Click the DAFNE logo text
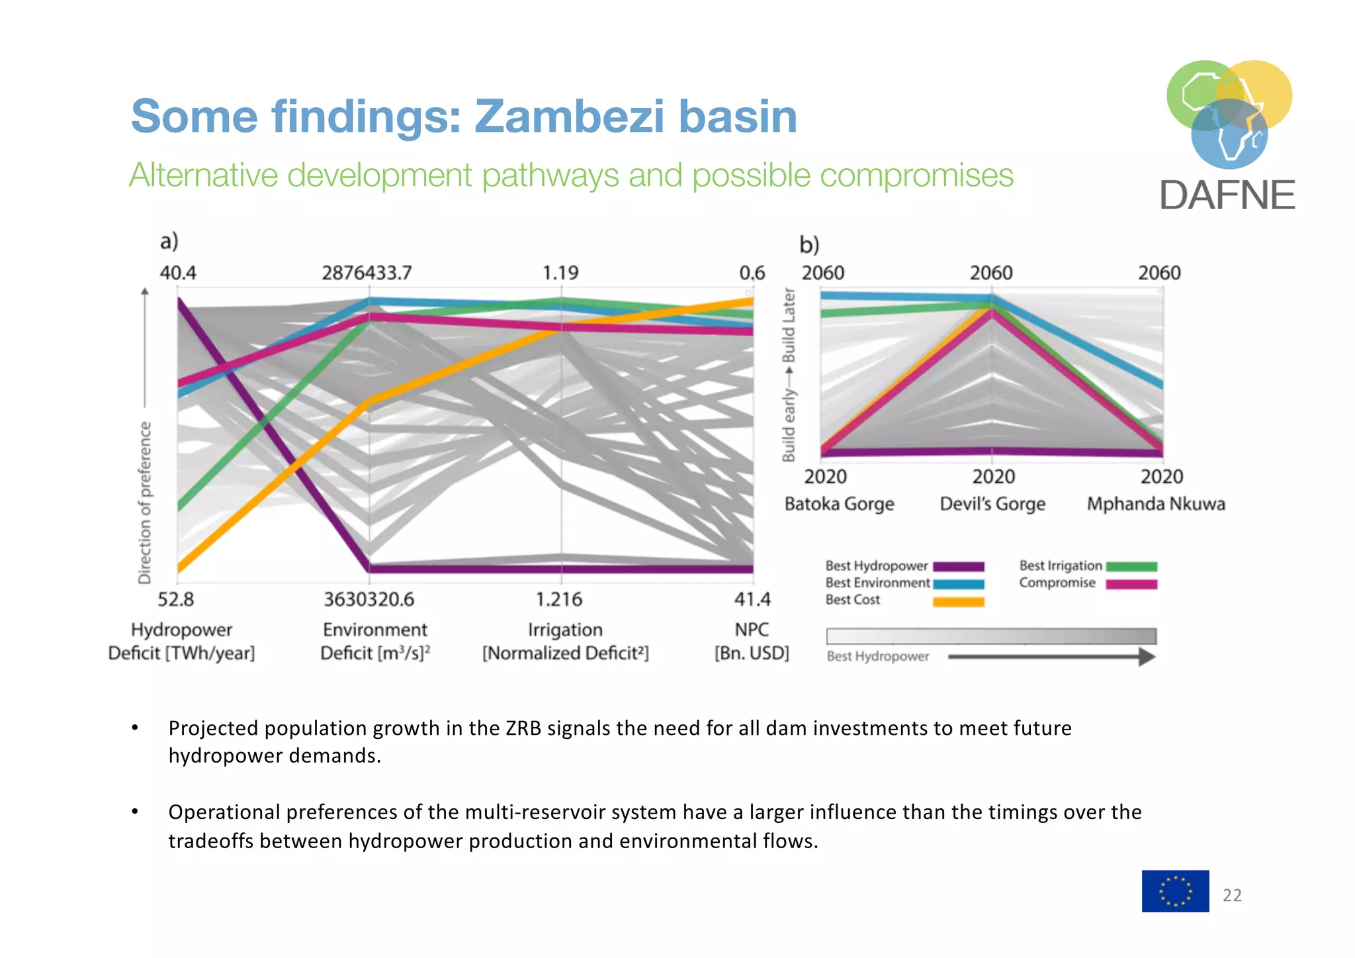point(1227,195)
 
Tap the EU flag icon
point(1175,891)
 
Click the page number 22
point(1232,895)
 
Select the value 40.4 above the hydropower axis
point(177,273)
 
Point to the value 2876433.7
point(367,273)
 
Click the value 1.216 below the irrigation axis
point(559,600)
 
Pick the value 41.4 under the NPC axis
point(752,600)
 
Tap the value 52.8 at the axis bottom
point(176,600)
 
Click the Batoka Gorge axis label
point(839,504)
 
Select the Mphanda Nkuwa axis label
point(1156,504)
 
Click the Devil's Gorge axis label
point(992,504)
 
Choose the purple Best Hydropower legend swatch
point(958,567)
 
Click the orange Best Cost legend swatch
point(958,602)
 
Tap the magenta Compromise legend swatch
point(1131,584)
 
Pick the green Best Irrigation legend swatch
point(1131,567)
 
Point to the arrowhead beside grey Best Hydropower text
point(1147,657)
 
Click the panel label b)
point(809,245)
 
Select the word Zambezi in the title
point(569,117)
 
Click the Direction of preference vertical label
point(144,503)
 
